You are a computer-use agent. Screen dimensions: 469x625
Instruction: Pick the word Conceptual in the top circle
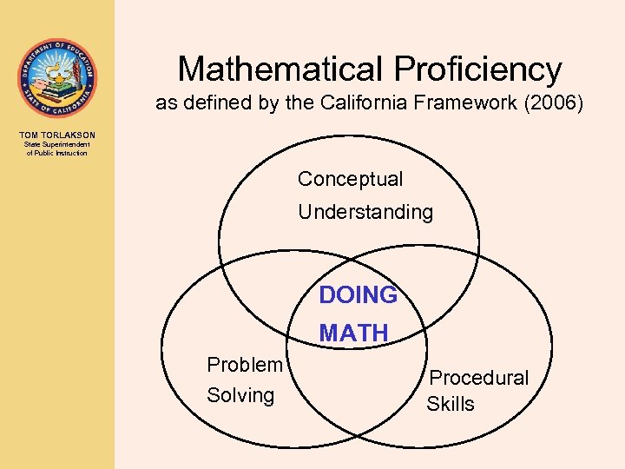tap(350, 180)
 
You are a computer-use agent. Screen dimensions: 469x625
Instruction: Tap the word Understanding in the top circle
tap(365, 212)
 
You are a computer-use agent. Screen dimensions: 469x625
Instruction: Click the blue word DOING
tap(358, 295)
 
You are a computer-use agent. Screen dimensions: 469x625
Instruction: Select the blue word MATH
tap(353, 333)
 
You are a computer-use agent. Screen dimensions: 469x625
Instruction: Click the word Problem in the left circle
tap(244, 365)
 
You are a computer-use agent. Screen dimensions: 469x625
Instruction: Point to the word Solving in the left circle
tap(240, 395)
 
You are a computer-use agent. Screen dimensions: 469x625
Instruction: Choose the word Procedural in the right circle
tap(478, 378)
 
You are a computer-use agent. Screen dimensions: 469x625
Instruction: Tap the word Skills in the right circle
tap(450, 404)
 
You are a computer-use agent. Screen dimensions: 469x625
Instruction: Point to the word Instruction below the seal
tap(70, 153)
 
